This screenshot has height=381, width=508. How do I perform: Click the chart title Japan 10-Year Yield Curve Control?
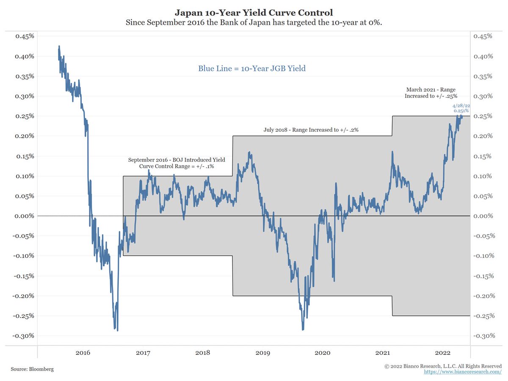point(254,12)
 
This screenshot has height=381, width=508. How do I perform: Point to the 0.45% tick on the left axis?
point(25,36)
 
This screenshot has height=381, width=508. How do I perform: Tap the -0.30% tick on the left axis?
point(24,336)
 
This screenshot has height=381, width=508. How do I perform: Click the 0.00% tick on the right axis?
point(483,216)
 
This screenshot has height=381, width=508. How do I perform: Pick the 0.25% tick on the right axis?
point(483,116)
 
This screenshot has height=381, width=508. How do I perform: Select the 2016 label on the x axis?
point(83,352)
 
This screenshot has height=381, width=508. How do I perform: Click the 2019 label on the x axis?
point(263,352)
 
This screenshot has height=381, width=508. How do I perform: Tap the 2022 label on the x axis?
point(443,352)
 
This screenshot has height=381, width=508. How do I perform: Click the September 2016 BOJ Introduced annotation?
point(177,163)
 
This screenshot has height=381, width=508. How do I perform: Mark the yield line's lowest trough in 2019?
point(303,329)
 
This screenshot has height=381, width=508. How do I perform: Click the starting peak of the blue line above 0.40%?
point(59,46)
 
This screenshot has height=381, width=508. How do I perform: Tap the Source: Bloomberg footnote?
point(32,369)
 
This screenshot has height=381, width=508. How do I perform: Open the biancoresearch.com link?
point(463,372)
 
